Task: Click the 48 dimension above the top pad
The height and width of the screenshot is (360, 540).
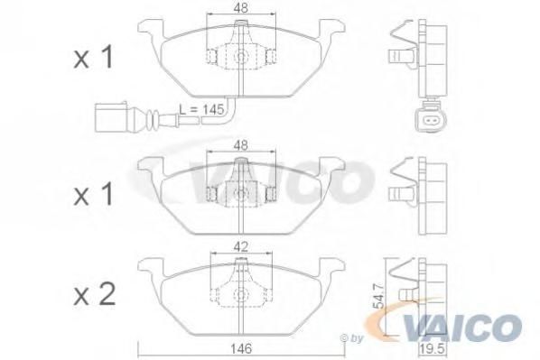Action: coord(241,8)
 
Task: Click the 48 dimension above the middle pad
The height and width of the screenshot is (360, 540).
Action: coord(241,145)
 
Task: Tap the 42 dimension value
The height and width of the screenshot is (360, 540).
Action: coord(241,246)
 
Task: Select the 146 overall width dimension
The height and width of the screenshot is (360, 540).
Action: coord(242,349)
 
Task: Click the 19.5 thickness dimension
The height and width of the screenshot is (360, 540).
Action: coord(433,349)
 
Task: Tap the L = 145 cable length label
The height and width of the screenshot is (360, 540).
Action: coord(201,110)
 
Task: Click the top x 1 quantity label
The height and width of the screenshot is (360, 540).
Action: coord(93,58)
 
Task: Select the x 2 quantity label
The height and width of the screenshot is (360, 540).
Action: coord(95,295)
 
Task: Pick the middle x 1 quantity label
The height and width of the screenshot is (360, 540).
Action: coord(93,195)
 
